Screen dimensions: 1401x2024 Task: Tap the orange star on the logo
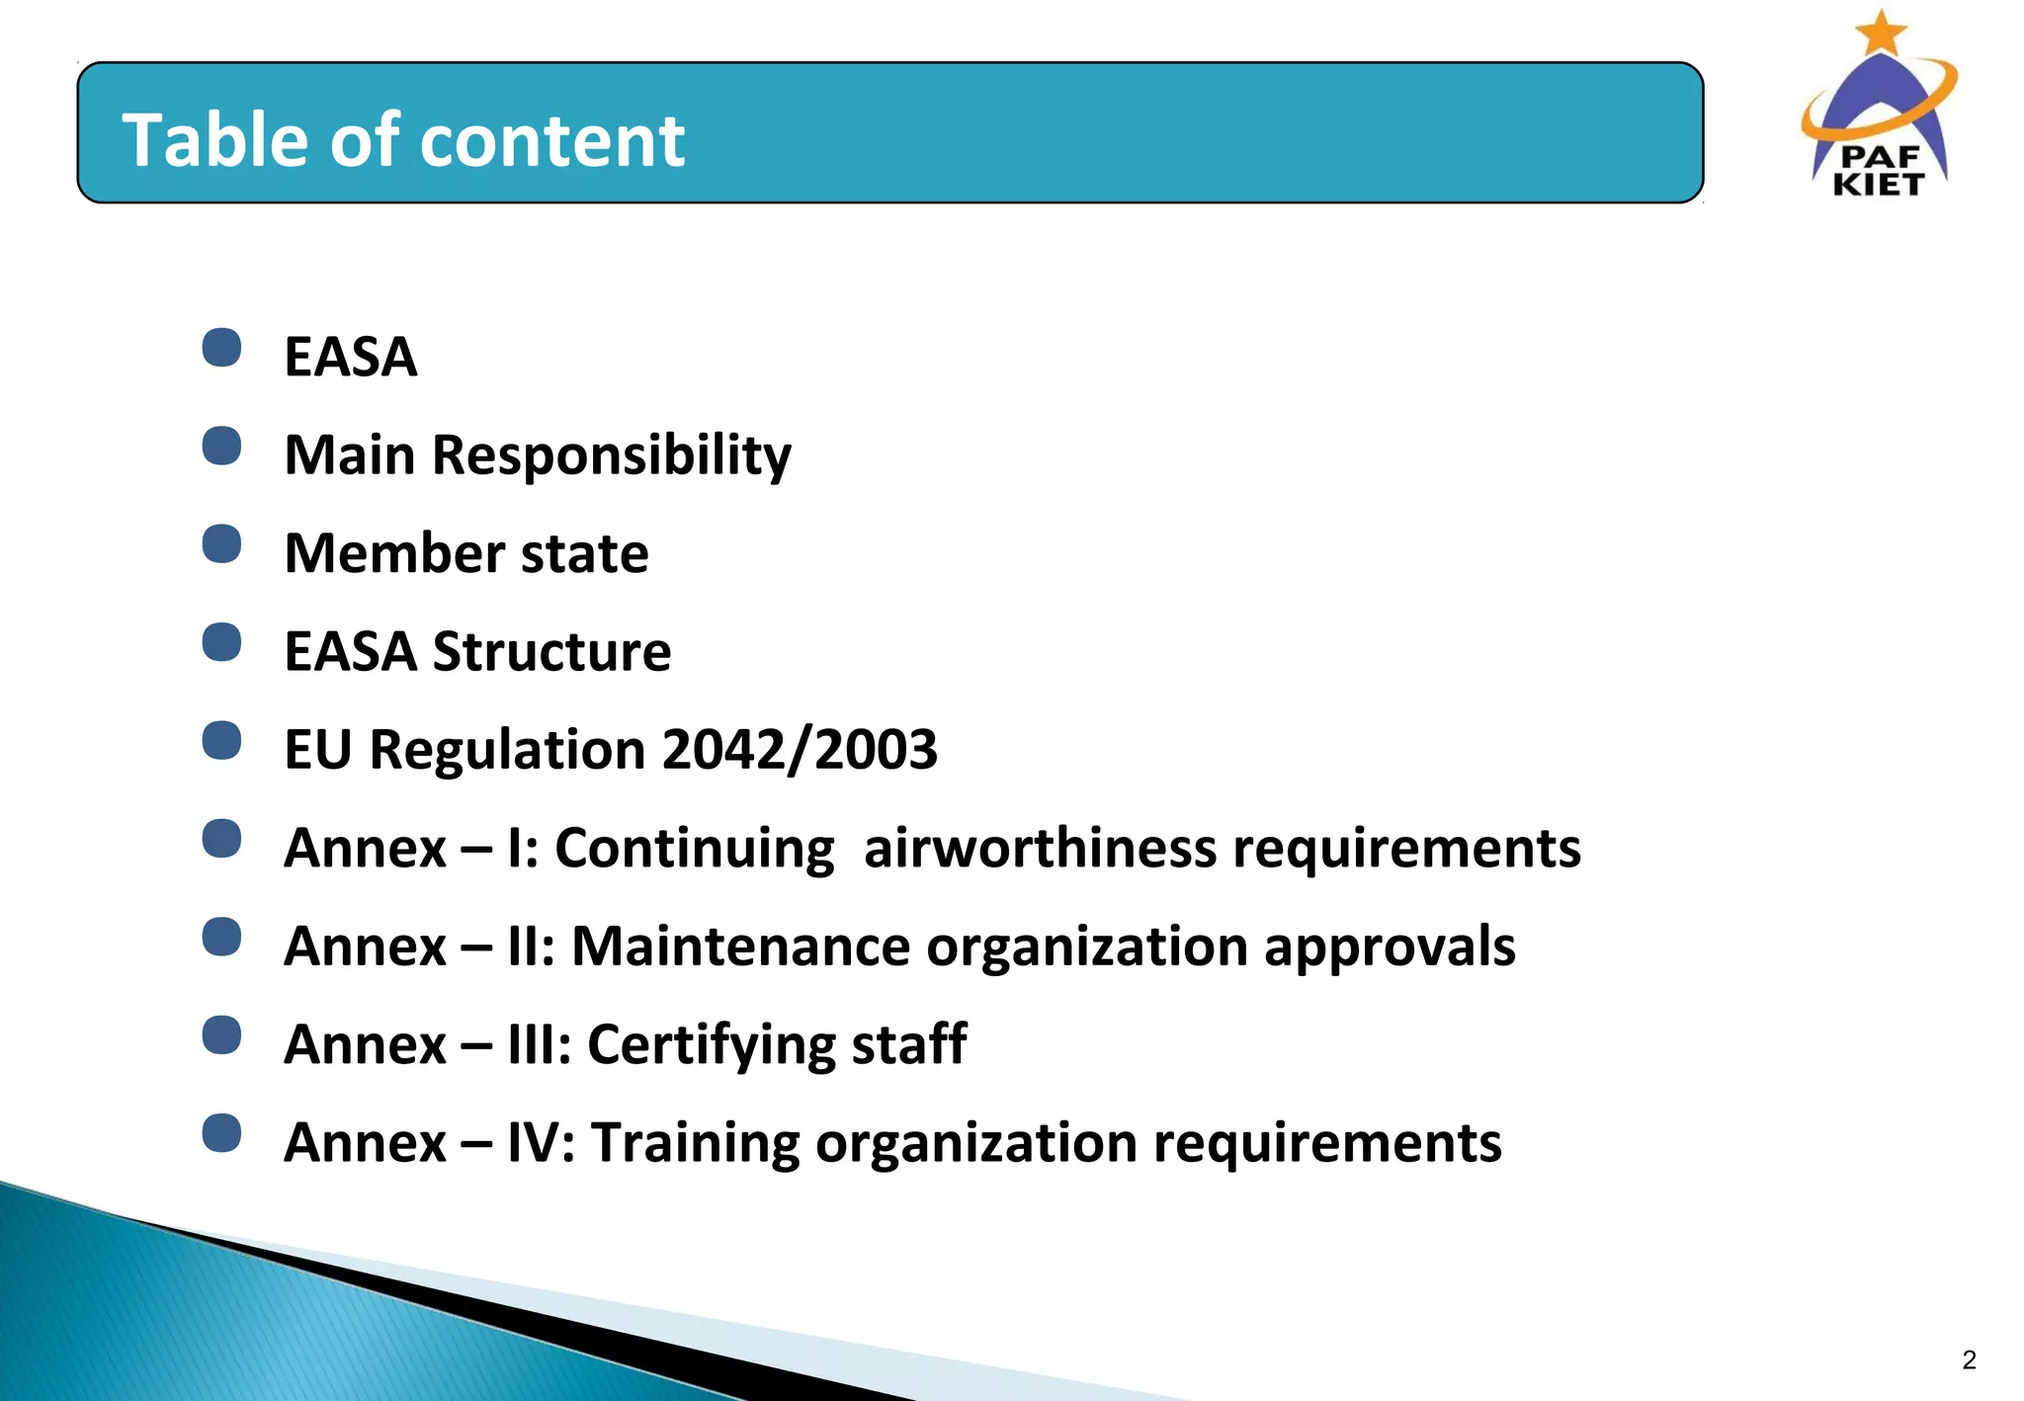pos(1881,33)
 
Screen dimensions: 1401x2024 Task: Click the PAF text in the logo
pos(1880,156)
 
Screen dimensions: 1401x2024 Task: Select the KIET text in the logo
pos(1879,184)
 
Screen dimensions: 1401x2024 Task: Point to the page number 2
pos(1969,1360)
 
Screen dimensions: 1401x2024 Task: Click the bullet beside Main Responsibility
pos(221,446)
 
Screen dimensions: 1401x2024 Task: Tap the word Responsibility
pos(612,455)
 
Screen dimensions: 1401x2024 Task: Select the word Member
pos(392,552)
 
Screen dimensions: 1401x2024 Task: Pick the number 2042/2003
pos(800,749)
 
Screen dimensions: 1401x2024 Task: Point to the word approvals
pos(1390,948)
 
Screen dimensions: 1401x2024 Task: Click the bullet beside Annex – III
pos(221,1035)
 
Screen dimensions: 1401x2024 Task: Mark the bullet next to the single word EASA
pos(221,348)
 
